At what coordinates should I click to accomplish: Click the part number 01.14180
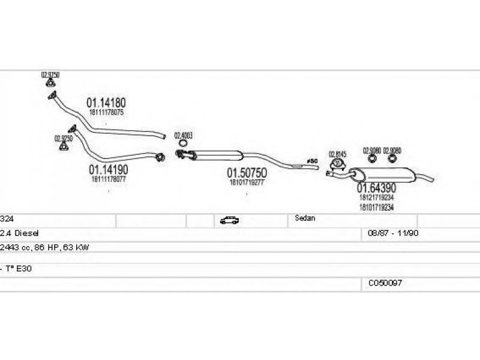[107, 103]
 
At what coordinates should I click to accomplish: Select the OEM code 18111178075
[107, 112]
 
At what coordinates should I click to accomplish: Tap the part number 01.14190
[109, 170]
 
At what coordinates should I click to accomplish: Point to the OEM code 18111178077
[109, 179]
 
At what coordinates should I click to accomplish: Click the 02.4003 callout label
[183, 136]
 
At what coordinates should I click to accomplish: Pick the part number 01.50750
[246, 173]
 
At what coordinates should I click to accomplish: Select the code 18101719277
[246, 182]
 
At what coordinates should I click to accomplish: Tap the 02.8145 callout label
[337, 154]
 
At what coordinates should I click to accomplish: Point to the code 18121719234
[376, 197]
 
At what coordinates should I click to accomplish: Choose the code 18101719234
[376, 207]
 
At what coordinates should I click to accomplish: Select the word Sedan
[305, 218]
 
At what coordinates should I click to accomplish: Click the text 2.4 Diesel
[20, 232]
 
